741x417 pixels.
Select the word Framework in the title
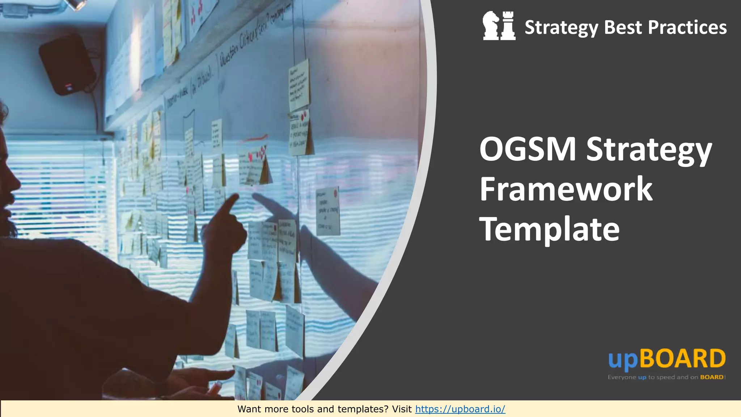click(x=566, y=189)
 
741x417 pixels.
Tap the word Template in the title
click(x=549, y=229)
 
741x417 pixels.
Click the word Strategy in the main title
click(x=649, y=150)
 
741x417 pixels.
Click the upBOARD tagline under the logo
click(x=666, y=377)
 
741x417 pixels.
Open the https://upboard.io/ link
click(x=460, y=409)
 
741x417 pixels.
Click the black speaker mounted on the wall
click(x=67, y=65)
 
